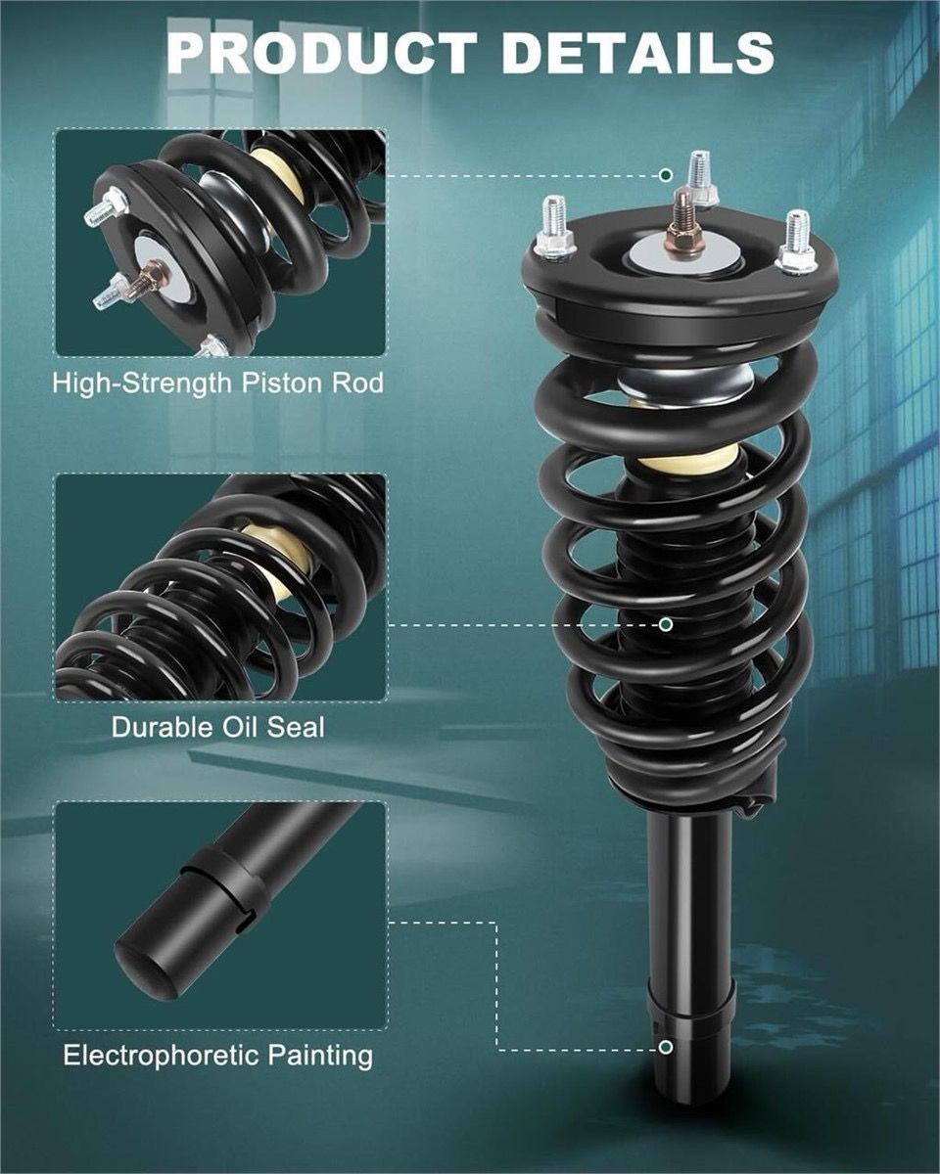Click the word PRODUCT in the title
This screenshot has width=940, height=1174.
(322, 53)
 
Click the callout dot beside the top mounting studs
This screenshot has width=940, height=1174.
(665, 175)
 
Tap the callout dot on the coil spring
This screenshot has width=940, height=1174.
(665, 624)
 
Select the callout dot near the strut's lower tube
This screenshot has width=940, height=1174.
(665, 1048)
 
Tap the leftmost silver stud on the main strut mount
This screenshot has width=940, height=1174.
(554, 229)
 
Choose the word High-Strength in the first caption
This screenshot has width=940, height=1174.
(143, 384)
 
